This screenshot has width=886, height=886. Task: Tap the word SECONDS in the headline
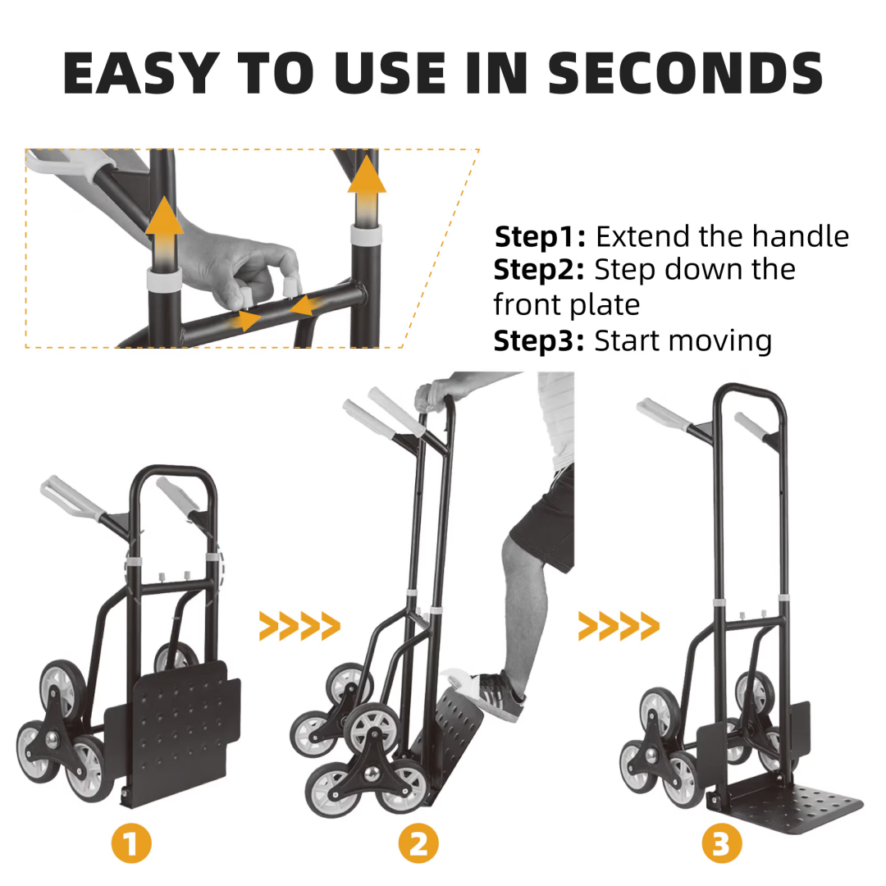click(685, 73)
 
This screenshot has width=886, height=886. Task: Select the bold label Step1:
click(540, 237)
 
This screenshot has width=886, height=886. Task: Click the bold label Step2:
click(538, 270)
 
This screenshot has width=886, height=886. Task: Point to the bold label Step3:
click(538, 341)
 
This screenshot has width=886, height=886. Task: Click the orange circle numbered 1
click(131, 843)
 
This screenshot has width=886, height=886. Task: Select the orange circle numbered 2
click(418, 843)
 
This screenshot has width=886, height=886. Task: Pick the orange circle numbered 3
click(722, 843)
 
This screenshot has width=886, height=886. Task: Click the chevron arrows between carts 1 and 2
click(299, 626)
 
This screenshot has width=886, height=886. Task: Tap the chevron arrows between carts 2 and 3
click(619, 626)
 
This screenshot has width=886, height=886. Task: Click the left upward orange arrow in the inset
click(164, 231)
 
